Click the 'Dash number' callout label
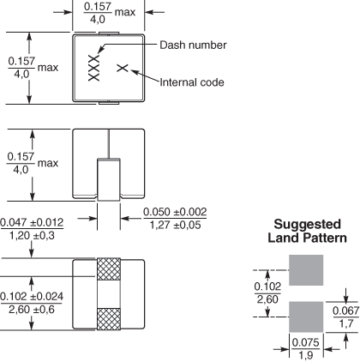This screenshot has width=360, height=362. pos(193,45)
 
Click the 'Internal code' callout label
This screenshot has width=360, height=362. pos(192,82)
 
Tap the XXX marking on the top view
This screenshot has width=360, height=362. pos(94,68)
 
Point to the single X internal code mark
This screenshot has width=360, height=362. pos(123,68)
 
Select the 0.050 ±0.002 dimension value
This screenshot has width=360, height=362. pos(175,212)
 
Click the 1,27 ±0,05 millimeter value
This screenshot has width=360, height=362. pos(175,225)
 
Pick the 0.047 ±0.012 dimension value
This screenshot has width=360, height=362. pos(32,222)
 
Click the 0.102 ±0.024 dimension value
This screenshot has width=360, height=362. pos(32,296)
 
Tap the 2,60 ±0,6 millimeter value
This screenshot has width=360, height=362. pos(32,310)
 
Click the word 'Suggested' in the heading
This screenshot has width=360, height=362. pos(308,224)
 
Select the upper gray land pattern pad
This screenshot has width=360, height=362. pos(306,270)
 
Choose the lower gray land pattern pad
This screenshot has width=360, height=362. pos(306,317)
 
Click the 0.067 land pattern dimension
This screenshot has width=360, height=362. pos(346,311)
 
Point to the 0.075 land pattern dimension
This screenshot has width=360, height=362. pos(305,342)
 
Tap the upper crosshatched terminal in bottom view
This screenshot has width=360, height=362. pos(109,269)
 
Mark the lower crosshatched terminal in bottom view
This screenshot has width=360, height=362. pos(109,319)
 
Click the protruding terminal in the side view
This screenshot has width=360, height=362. pos(109,179)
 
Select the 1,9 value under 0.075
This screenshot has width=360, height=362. pos(306,356)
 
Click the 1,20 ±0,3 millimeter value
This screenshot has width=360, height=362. pos(32,236)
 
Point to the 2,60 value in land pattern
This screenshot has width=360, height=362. pos(267,299)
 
